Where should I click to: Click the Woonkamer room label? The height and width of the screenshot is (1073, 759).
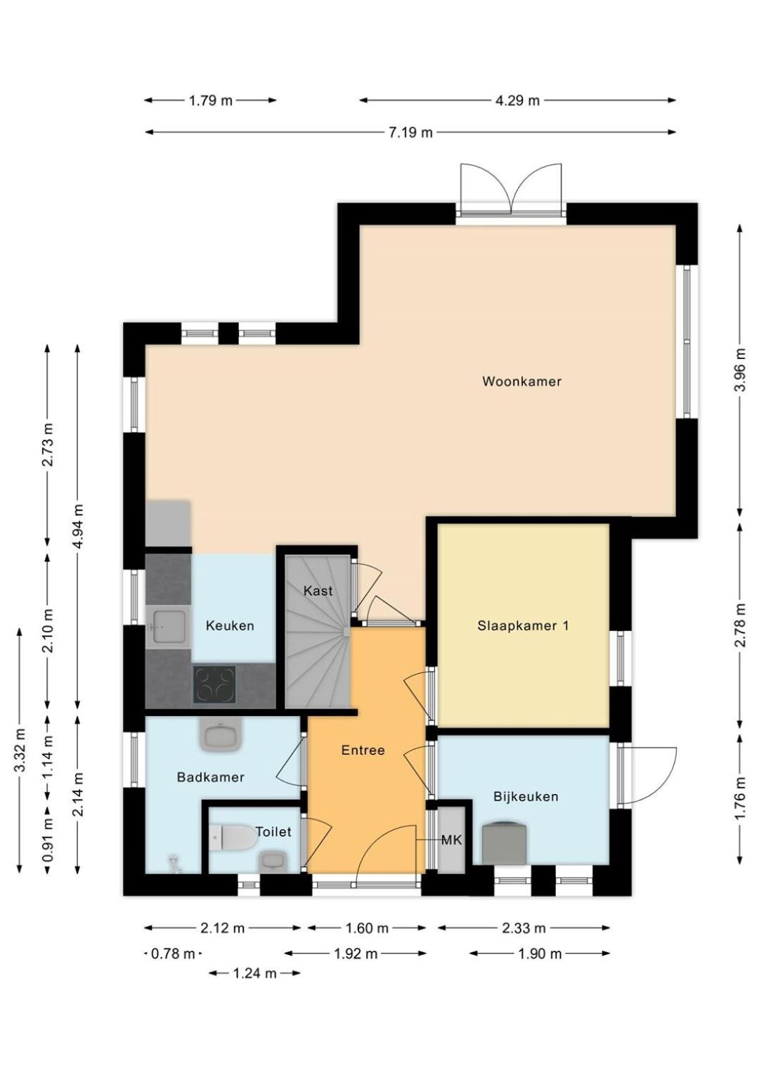click(x=521, y=382)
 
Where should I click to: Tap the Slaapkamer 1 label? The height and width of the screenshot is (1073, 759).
click(x=523, y=625)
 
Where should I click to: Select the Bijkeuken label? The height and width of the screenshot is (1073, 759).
click(x=526, y=796)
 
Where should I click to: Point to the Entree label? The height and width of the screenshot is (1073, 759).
click(x=363, y=750)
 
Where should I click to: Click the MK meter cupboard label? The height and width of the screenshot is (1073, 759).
click(x=451, y=840)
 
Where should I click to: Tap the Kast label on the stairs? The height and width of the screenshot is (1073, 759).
click(x=318, y=591)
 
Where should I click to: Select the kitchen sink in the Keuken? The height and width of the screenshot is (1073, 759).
click(x=169, y=626)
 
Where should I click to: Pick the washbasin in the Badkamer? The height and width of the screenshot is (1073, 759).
click(x=221, y=736)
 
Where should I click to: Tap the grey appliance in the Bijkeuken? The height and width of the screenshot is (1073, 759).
click(x=504, y=843)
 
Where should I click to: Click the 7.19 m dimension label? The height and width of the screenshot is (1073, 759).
click(x=410, y=132)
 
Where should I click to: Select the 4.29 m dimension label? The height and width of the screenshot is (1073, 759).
click(x=517, y=100)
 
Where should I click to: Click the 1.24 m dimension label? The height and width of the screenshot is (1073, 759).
click(x=254, y=973)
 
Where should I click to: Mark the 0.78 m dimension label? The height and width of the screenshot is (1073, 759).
click(x=173, y=954)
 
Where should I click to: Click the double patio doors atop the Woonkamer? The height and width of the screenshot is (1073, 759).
click(x=511, y=190)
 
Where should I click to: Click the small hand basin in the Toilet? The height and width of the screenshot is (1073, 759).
click(x=272, y=861)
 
